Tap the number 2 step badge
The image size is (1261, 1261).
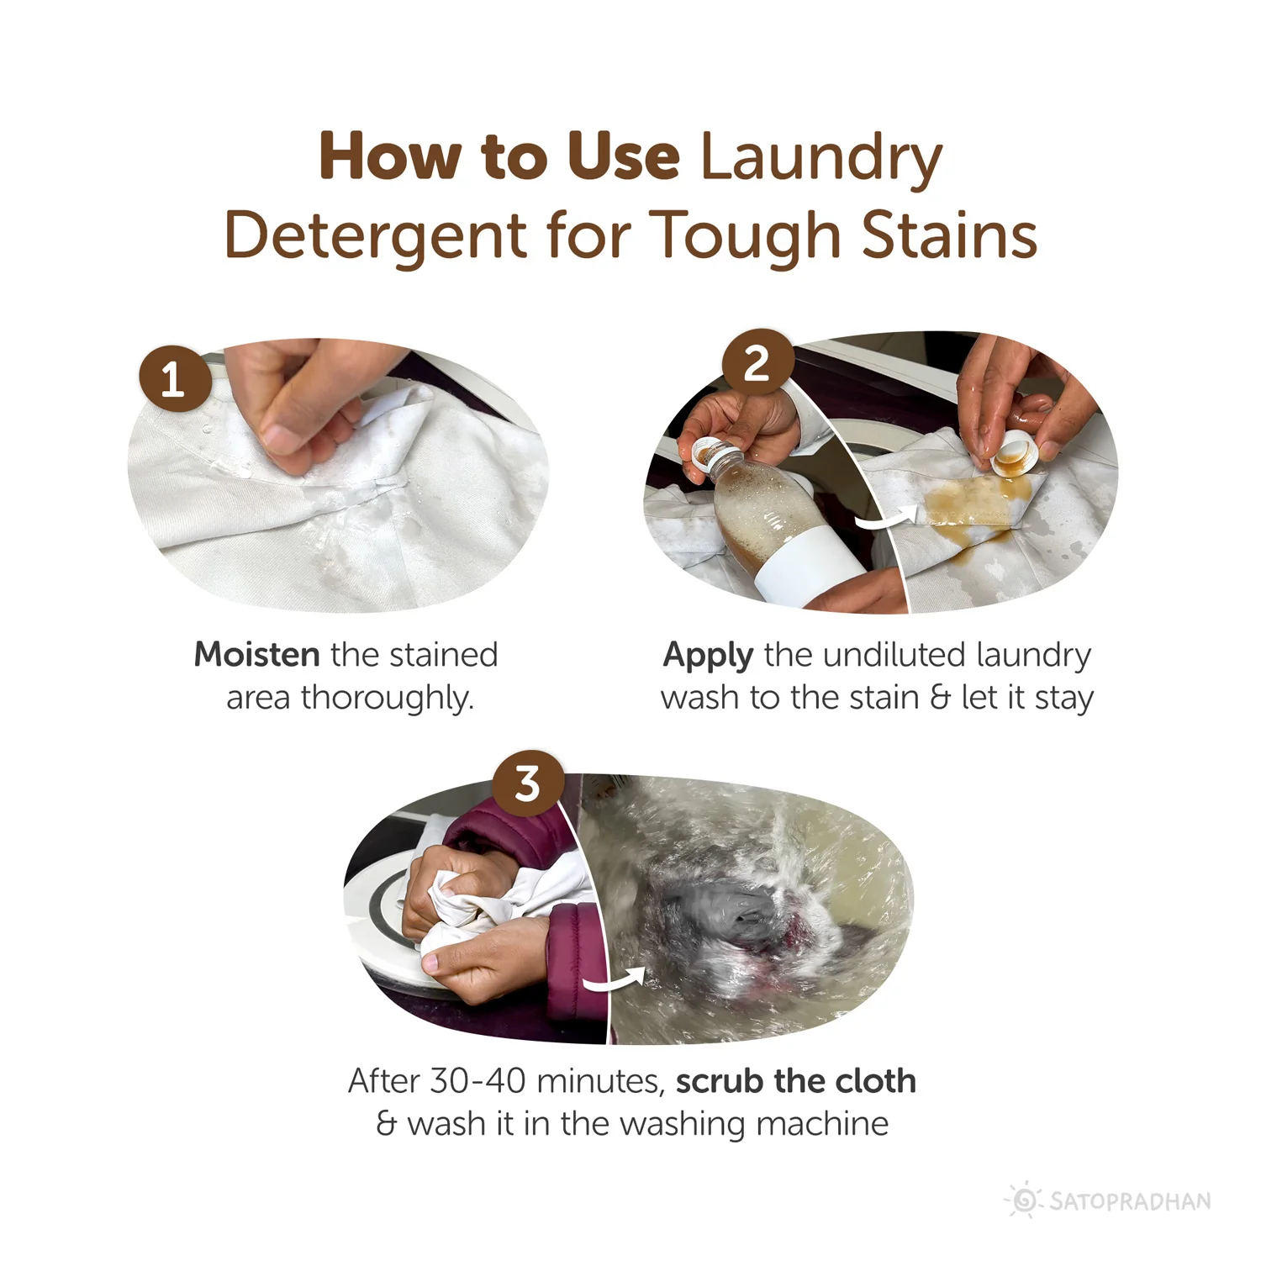coord(757,364)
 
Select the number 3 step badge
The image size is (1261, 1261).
coord(527,784)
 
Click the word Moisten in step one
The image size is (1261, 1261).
coord(256,654)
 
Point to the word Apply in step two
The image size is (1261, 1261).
coord(708,656)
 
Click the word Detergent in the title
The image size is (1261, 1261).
coord(375,235)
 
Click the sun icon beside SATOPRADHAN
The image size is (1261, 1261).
coord(1024,1200)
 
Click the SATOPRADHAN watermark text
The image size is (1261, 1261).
coord(1131,1200)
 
